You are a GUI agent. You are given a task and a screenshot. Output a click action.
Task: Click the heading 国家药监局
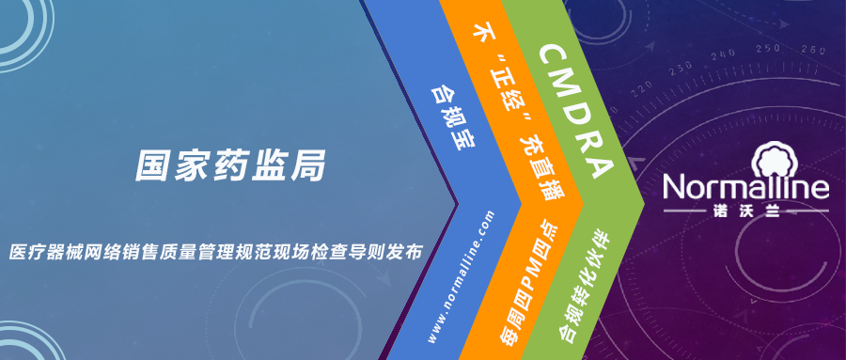pyautogui.click(x=231, y=165)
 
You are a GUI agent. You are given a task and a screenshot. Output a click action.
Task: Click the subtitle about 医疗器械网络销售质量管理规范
pyautogui.click(x=215, y=252)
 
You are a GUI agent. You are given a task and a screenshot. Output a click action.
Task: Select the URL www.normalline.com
pyautogui.click(x=462, y=275)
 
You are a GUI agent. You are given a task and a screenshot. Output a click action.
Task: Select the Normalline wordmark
pyautogui.click(x=745, y=187)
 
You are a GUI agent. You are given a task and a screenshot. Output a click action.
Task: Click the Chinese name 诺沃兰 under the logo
pyautogui.click(x=745, y=212)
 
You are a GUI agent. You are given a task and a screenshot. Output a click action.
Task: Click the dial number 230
pyautogui.click(x=681, y=68)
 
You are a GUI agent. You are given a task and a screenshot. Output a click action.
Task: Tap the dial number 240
pyautogui.click(x=725, y=53)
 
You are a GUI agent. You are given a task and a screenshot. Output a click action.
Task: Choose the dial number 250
pyautogui.click(x=769, y=48)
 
